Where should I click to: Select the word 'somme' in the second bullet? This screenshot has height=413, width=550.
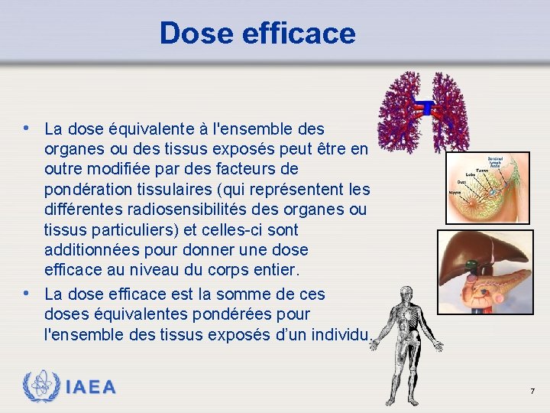pyautogui.click(x=234, y=294)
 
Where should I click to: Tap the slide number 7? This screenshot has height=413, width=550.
pyautogui.click(x=532, y=392)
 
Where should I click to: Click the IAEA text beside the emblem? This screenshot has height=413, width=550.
pyautogui.click(x=92, y=387)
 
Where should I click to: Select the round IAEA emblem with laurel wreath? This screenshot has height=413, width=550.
pyautogui.click(x=42, y=386)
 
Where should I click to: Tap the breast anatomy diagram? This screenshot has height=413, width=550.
pyautogui.click(x=487, y=186)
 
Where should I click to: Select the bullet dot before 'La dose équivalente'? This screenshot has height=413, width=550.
pyautogui.click(x=27, y=127)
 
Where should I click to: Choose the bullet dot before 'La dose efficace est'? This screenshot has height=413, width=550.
pyautogui.click(x=27, y=293)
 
